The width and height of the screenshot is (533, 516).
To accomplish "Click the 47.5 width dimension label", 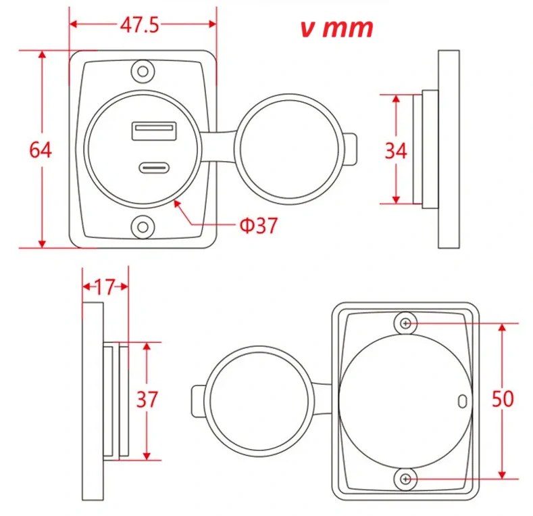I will tap(140, 26).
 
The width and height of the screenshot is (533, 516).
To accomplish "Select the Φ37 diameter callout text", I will tap(258, 225).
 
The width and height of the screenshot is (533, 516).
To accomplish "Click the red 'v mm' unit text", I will tap(336, 28).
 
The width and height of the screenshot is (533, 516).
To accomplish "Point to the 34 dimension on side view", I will tap(396, 150).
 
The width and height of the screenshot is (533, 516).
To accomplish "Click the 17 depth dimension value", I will tap(105, 286).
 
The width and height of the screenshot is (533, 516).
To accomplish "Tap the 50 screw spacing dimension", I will tap(503, 399).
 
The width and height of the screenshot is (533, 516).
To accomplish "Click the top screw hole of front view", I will tap(143, 70).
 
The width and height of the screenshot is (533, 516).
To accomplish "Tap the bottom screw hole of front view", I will tap(143, 226).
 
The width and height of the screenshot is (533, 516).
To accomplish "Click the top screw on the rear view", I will tap(405, 324).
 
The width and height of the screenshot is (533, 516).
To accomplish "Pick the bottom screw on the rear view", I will tap(405, 479).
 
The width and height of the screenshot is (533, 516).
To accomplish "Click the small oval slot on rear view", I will tap(463, 400).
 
